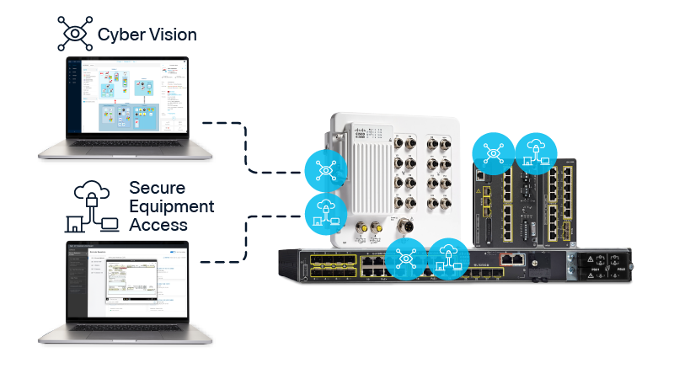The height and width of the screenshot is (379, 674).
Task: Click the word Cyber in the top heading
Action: (x=120, y=35)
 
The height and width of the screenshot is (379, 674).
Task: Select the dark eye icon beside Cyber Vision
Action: (x=74, y=32)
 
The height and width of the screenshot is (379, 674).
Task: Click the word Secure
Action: (x=158, y=188)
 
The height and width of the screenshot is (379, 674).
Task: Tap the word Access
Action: (x=158, y=225)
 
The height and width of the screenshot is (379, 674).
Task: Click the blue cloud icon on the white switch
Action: (x=324, y=211)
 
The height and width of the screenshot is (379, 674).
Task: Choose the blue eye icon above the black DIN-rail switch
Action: (x=492, y=152)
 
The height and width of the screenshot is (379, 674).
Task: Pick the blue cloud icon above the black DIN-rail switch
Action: (x=533, y=152)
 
